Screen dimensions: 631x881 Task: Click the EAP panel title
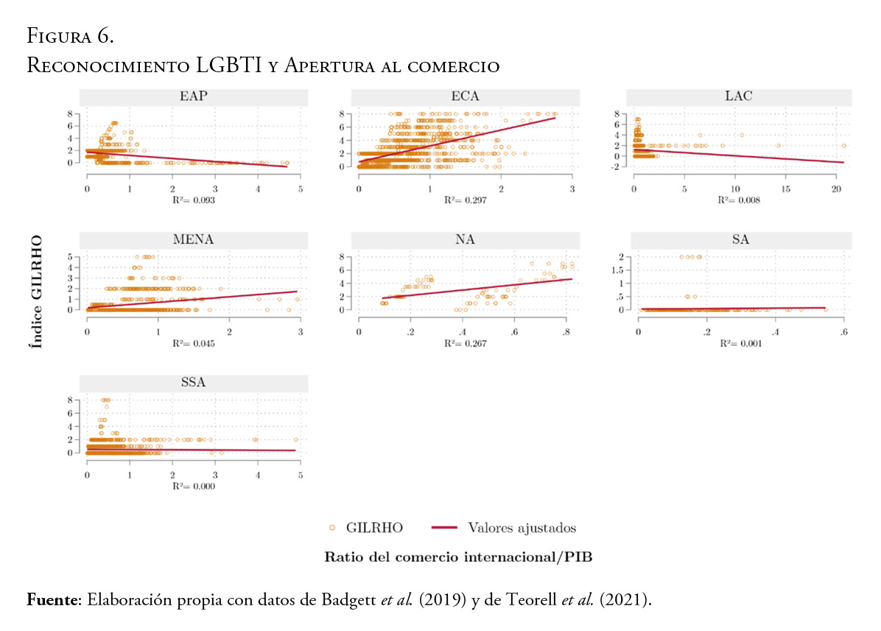pyautogui.click(x=193, y=97)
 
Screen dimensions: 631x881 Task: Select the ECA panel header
pyautogui.click(x=466, y=97)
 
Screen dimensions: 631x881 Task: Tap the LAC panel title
pyautogui.click(x=738, y=97)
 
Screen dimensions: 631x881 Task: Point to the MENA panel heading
pyautogui.click(x=193, y=240)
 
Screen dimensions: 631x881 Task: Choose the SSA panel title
pyautogui.click(x=193, y=383)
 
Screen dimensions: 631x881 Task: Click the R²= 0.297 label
pyautogui.click(x=466, y=200)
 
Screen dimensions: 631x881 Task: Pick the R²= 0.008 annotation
pyautogui.click(x=738, y=200)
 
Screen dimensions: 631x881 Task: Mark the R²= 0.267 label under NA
pyautogui.click(x=466, y=343)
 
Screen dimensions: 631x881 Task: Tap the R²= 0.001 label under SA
pyautogui.click(x=738, y=343)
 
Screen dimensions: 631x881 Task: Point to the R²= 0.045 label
pyautogui.click(x=193, y=343)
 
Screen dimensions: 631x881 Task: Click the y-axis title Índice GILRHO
pyautogui.click(x=35, y=292)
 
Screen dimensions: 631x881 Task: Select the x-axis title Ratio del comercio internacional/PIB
pyautogui.click(x=458, y=557)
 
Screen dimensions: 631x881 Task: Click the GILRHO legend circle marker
pyautogui.click(x=332, y=528)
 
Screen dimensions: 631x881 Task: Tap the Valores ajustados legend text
pyautogui.click(x=522, y=528)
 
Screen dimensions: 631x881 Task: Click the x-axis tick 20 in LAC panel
pyautogui.click(x=836, y=188)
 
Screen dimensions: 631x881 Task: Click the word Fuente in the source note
pyautogui.click(x=54, y=600)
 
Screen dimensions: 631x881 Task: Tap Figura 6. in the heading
pyautogui.click(x=69, y=35)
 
